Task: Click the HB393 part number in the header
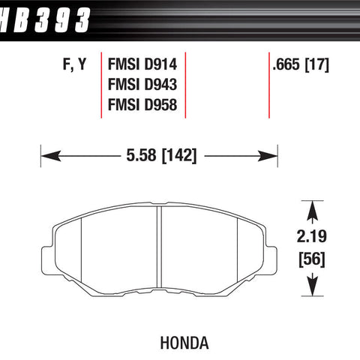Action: point(45,20)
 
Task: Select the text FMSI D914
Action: point(142,64)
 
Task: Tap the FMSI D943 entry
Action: point(142,84)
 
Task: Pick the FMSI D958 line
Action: point(142,104)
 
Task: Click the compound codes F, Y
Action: point(74,64)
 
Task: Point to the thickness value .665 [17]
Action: point(301,64)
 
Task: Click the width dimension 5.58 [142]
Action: point(161,155)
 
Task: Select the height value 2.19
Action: point(312,236)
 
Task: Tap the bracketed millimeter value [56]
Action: point(312,259)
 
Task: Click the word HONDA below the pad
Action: point(184,343)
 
